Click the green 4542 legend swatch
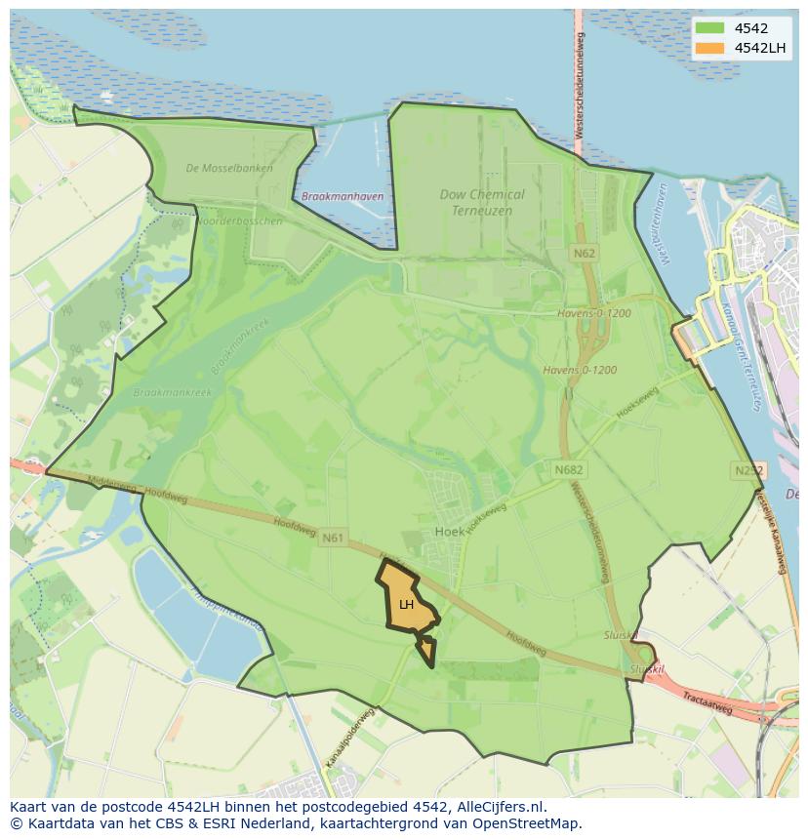tap(709, 28)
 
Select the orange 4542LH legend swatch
tap(709, 48)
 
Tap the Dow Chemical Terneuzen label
tap(482, 202)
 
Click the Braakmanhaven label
tap(343, 196)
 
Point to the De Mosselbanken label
tap(229, 168)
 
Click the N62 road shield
tap(585, 253)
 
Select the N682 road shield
tap(569, 469)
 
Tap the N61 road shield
tap(333, 537)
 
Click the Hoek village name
tap(449, 532)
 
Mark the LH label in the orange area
tap(406, 604)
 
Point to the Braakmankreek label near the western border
tap(172, 392)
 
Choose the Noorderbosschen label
tap(240, 220)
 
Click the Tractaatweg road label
tap(707, 703)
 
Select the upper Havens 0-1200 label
tap(594, 313)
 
